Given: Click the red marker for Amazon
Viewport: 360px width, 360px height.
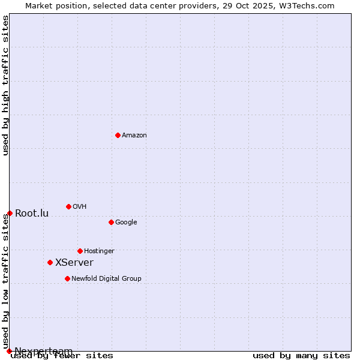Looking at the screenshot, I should (118, 135).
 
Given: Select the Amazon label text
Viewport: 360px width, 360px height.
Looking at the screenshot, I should (134, 136).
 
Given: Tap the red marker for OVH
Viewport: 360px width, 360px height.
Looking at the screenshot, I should (68, 206).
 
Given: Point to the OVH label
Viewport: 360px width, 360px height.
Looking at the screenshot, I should (80, 207).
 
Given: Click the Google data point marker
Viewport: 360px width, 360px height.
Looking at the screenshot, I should (111, 222).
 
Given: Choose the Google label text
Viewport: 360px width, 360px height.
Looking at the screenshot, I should (126, 223).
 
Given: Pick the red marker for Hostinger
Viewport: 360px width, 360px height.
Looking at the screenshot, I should (80, 251).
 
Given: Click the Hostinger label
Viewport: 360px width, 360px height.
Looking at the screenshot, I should (99, 251).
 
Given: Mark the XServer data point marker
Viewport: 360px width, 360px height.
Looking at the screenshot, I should (50, 262).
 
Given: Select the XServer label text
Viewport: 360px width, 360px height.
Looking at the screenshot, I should (74, 263).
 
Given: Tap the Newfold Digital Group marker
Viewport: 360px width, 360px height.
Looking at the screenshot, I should (67, 278).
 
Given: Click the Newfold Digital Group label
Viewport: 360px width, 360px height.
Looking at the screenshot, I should (106, 279).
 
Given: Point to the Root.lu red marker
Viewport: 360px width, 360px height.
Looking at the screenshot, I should (10, 213).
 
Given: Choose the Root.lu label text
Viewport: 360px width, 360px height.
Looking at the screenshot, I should (32, 214).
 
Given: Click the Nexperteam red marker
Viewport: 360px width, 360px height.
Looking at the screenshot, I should (9, 351).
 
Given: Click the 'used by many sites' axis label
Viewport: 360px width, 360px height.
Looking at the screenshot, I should (301, 356).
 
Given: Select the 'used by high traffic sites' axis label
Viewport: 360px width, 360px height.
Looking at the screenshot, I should (6, 85).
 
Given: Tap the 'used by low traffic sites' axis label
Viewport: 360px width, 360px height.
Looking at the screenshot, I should (6, 282).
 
